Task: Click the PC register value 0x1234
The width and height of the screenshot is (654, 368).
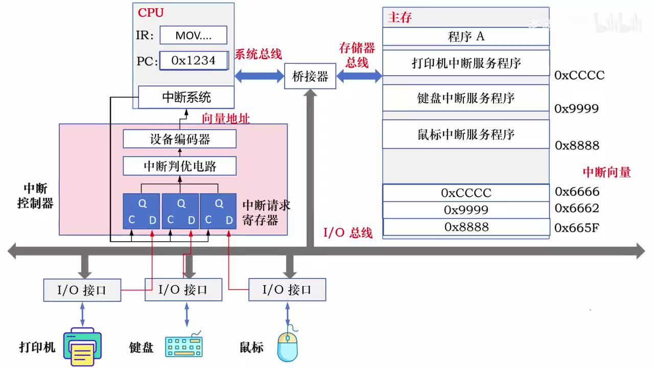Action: click(193, 60)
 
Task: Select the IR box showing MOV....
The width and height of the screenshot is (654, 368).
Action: click(193, 35)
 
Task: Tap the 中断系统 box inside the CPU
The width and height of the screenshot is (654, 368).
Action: click(186, 97)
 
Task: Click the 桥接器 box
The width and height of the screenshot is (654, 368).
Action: click(310, 76)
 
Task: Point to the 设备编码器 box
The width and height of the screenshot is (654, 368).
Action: click(180, 139)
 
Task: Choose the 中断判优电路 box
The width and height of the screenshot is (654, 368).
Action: click(180, 166)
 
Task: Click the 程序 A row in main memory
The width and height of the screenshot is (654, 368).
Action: click(465, 36)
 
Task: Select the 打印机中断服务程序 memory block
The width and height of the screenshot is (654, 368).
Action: click(465, 63)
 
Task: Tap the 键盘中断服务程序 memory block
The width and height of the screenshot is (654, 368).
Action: click(465, 98)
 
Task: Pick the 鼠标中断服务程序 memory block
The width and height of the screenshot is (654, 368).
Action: click(465, 134)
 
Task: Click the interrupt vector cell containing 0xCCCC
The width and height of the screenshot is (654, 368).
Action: click(465, 193)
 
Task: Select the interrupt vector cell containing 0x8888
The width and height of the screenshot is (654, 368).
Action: click(465, 227)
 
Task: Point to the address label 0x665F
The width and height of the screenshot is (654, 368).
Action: click(577, 227)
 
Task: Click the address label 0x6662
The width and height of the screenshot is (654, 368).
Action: click(577, 209)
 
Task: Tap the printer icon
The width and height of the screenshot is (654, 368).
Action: click(82, 347)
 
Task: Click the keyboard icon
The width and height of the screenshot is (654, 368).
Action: click(184, 346)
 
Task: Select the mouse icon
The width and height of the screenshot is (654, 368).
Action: click(287, 346)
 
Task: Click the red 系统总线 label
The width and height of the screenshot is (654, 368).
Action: click(258, 54)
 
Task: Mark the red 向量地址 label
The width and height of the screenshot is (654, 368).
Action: click(226, 119)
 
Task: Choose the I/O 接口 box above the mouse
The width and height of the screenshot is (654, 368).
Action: click(287, 290)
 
